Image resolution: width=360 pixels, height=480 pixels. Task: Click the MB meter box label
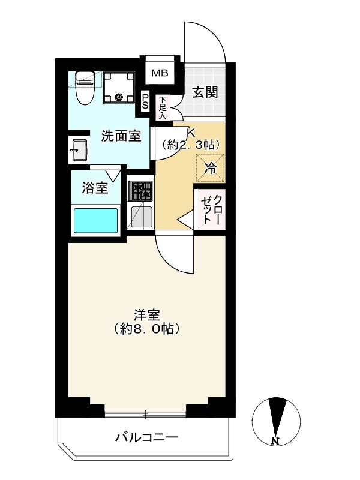tap(160, 73)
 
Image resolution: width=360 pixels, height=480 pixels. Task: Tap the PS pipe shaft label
tap(145, 101)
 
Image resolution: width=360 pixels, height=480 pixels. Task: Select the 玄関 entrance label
tap(205, 92)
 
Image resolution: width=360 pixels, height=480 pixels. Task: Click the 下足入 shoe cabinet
tap(162, 108)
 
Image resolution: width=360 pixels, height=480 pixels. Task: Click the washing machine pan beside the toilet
tap(119, 87)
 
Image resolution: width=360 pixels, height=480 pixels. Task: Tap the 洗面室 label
tap(121, 136)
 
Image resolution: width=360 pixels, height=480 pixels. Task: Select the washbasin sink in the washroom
tap(79, 149)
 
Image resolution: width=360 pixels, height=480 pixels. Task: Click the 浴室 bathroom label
tap(95, 188)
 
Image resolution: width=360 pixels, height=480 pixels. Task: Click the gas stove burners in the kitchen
tap(141, 191)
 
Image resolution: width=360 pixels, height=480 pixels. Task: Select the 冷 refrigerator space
tap(211, 168)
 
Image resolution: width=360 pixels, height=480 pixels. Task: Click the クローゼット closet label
tap(211, 209)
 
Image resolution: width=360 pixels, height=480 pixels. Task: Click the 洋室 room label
tap(147, 315)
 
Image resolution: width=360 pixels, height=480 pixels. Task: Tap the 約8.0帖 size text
tap(146, 329)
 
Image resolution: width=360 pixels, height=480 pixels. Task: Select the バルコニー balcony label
tap(146, 437)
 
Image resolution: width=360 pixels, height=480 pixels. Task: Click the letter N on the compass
tap(275, 441)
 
